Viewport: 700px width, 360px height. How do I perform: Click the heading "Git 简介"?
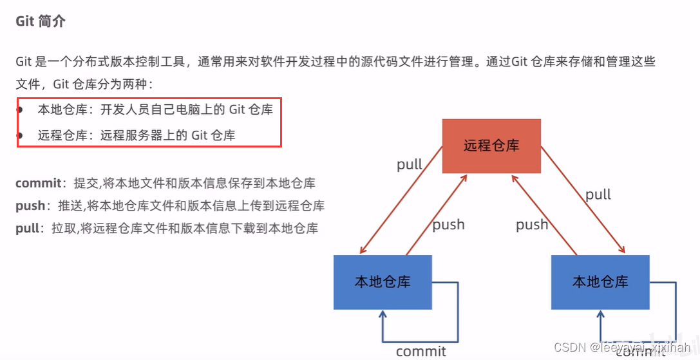41,21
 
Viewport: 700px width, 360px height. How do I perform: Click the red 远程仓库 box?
491,146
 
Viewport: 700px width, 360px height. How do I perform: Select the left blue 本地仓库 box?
383,281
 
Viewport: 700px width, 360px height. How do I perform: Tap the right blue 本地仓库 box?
600,281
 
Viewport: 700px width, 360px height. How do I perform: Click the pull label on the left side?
410,164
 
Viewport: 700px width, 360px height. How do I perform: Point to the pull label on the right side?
598,194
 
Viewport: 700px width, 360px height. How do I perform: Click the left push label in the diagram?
448,225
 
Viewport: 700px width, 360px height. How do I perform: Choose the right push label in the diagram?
532,225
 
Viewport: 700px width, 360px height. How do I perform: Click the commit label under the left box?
421,351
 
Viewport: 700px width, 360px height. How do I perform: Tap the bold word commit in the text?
39,183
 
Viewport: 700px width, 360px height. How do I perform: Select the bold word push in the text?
30,205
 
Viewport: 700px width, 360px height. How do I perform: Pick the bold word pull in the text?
27,228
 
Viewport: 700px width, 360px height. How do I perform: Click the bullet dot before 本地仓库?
20,109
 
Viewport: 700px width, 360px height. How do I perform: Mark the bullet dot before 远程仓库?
20,135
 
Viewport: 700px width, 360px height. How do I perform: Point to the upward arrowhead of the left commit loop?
383,315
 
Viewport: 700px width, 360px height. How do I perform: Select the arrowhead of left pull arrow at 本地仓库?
363,251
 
